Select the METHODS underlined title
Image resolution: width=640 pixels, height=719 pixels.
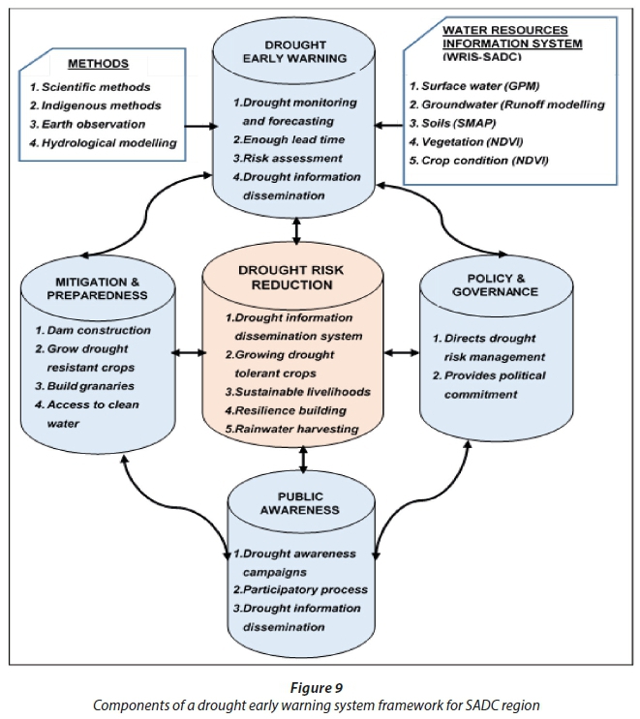coord(97,64)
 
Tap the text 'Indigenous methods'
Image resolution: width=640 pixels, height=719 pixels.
coord(95,105)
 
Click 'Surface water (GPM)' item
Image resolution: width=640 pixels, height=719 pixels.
coord(474,86)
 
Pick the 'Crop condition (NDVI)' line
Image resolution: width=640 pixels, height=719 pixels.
coord(478,160)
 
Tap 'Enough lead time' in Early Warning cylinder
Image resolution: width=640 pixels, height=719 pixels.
coord(286,139)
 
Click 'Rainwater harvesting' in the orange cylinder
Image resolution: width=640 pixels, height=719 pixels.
coord(293,429)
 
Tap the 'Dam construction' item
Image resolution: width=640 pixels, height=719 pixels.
coord(91,330)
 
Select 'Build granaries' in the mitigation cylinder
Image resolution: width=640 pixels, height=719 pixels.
coord(87,385)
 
